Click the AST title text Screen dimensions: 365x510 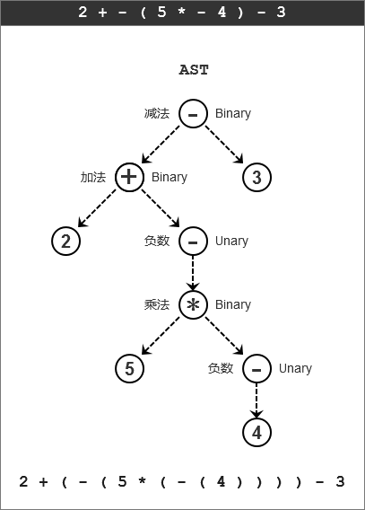[194, 70]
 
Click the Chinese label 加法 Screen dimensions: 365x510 [93, 177]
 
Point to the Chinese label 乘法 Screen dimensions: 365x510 [157, 304]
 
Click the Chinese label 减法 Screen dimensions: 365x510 [157, 113]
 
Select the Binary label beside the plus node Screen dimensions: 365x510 [169, 178]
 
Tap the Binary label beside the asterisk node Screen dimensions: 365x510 [233, 305]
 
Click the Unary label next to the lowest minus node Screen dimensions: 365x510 [295, 369]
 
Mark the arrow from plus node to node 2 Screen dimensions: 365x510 [97, 207]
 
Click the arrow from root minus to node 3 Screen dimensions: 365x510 [224, 145]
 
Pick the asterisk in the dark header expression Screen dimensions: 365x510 [182, 12]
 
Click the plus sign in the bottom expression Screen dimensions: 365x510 [43, 481]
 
